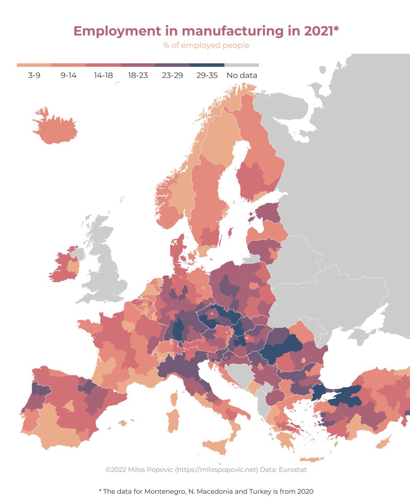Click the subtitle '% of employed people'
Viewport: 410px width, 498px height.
(206, 45)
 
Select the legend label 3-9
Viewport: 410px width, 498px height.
(34, 76)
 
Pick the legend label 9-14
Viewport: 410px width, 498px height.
(68, 76)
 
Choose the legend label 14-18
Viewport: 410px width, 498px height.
(103, 76)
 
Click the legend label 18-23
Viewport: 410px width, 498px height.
(138, 76)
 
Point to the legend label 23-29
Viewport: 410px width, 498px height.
(172, 76)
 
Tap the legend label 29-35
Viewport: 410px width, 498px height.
(207, 76)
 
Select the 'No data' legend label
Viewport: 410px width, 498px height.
(242, 76)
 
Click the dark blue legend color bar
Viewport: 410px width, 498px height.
(207, 65)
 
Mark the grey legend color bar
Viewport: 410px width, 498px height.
(242, 65)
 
